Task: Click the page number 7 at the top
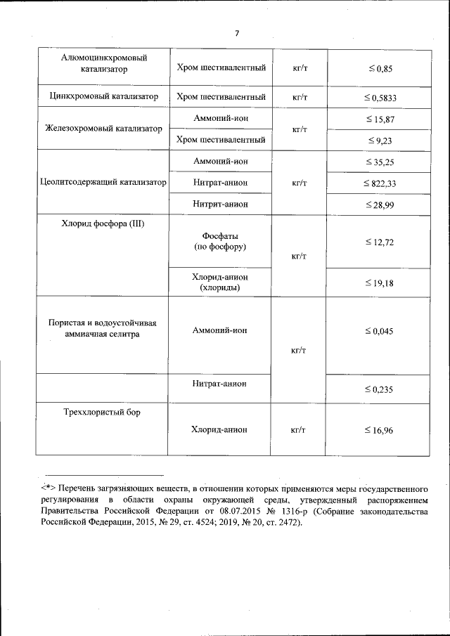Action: tap(238, 33)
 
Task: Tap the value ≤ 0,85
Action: tap(380, 69)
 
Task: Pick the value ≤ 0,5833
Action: tap(380, 97)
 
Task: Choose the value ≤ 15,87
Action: tap(380, 119)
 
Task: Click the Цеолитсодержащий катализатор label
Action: tap(103, 182)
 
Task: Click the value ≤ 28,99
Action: tap(380, 204)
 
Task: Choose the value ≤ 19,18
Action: tap(380, 283)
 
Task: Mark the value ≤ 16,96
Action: tap(380, 430)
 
